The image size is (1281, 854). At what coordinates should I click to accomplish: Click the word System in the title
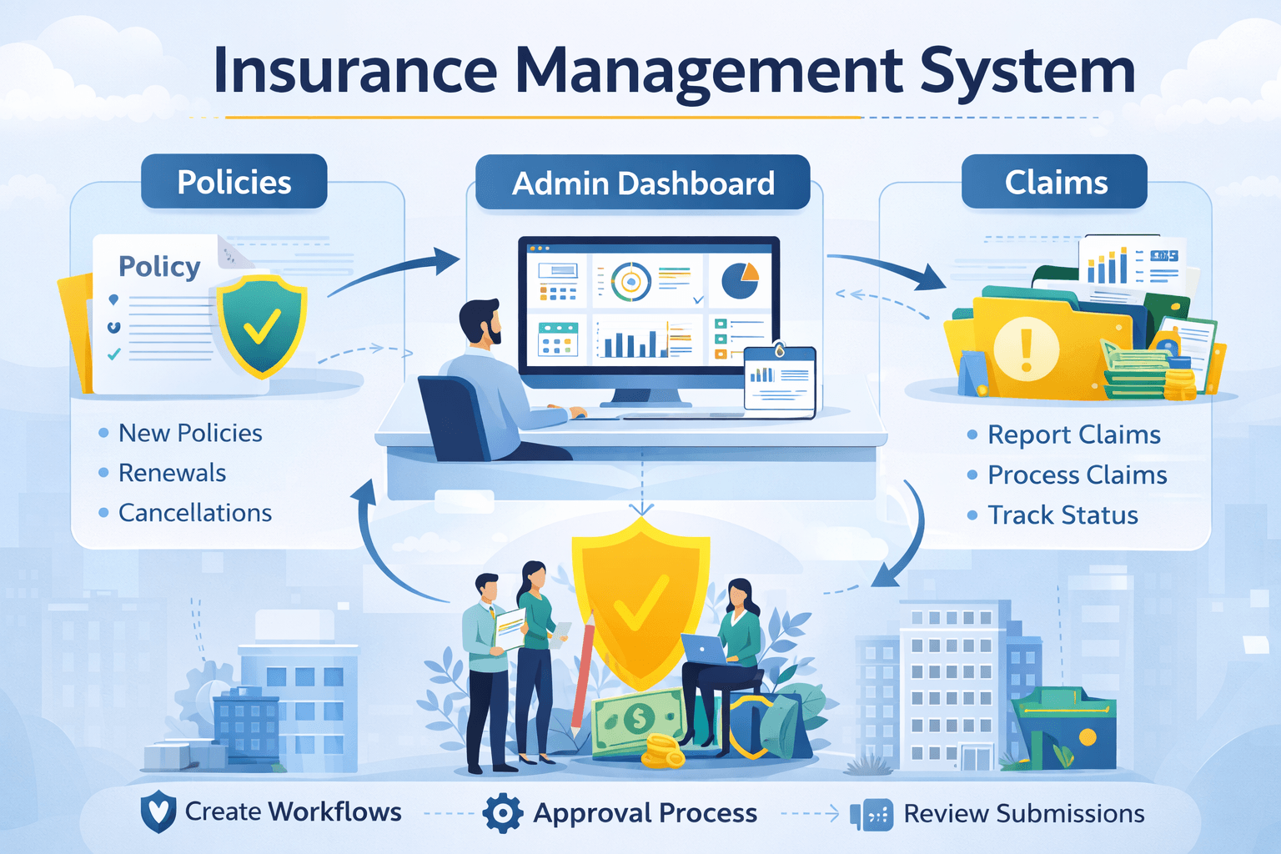[x=1027, y=72]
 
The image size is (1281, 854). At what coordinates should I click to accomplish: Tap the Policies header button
[x=234, y=182]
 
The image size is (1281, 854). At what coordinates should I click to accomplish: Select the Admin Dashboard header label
[x=642, y=183]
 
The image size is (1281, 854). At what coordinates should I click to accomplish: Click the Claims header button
[x=1055, y=182]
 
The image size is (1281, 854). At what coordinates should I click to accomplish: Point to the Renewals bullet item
[x=172, y=473]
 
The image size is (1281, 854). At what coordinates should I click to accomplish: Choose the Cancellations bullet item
[x=194, y=513]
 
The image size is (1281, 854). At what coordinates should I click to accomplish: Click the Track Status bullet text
[x=1062, y=515]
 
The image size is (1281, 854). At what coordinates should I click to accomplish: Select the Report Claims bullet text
[x=1073, y=435]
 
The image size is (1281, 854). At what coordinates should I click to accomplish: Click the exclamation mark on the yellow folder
[x=1026, y=349]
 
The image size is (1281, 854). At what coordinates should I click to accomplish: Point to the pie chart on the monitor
[x=739, y=280]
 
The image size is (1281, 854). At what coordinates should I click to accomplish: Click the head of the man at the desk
[x=481, y=322]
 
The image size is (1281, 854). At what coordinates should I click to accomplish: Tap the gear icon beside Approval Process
[x=503, y=813]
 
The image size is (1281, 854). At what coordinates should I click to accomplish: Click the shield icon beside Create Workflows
[x=158, y=811]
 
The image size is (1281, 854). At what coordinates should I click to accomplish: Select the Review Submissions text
[x=1023, y=813]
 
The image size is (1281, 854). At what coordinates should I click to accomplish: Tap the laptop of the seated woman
[x=704, y=650]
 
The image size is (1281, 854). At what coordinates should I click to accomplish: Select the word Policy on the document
[x=159, y=267]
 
